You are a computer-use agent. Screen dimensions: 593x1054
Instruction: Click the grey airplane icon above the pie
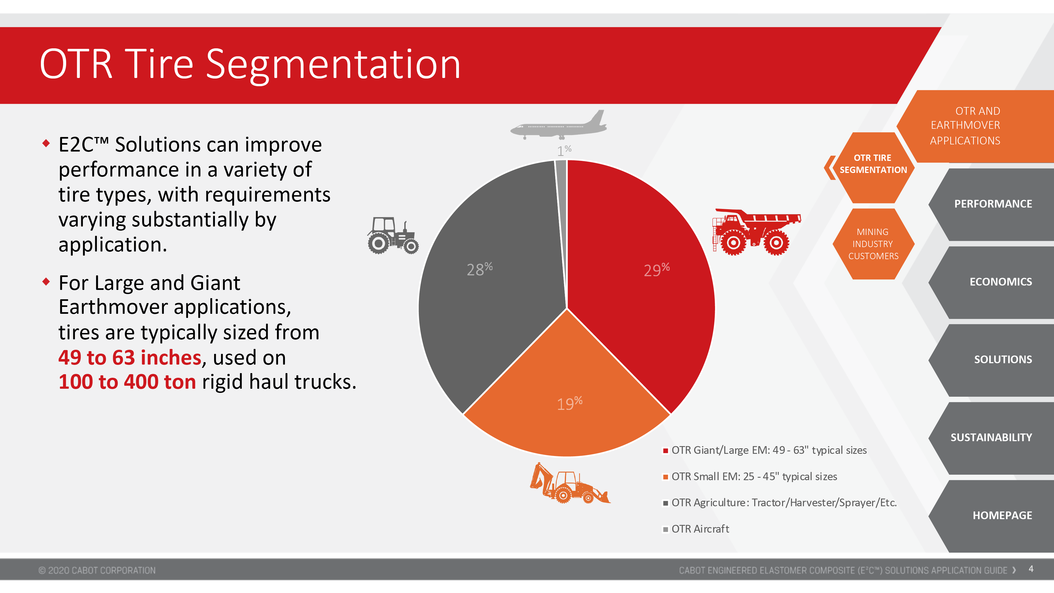(x=559, y=125)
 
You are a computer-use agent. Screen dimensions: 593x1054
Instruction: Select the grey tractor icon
(x=393, y=236)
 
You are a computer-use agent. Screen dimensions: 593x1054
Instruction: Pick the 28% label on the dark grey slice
(x=480, y=269)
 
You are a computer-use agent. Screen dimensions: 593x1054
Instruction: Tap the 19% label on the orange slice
(x=570, y=404)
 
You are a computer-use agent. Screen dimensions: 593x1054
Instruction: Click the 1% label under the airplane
(x=564, y=151)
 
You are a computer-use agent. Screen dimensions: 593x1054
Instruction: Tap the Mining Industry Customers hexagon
(x=873, y=244)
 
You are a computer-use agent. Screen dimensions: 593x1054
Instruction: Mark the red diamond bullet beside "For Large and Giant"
(x=46, y=282)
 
